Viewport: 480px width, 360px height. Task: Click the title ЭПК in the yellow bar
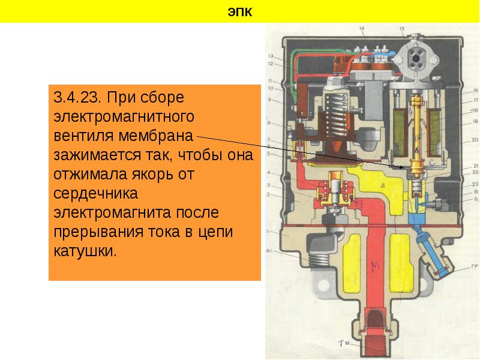pyautogui.click(x=239, y=11)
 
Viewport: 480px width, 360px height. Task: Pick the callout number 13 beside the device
pyautogui.click(x=271, y=56)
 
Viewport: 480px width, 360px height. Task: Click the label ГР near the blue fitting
pyautogui.click(x=474, y=266)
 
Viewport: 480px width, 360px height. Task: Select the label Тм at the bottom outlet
pyautogui.click(x=343, y=343)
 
